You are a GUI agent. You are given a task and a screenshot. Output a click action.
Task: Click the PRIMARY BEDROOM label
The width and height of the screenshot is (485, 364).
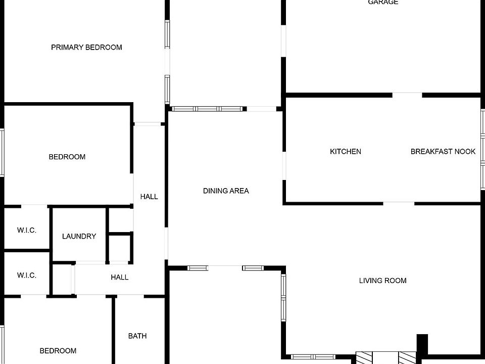point(86,48)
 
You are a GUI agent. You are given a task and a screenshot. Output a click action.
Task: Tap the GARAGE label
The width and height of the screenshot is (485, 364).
point(383,3)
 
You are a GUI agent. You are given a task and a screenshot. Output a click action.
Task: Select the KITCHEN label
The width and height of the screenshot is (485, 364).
point(346,152)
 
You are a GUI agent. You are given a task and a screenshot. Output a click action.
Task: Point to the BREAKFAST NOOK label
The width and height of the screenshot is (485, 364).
point(443,152)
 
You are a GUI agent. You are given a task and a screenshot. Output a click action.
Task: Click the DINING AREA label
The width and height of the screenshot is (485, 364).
point(226,191)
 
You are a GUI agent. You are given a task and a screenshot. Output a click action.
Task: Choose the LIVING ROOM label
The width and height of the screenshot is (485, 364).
point(382,281)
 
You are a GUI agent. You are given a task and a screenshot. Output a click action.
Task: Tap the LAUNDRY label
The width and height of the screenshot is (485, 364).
point(79,236)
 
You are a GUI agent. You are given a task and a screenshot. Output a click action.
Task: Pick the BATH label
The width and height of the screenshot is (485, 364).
point(137,336)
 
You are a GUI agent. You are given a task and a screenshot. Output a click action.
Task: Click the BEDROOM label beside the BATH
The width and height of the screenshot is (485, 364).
point(58,350)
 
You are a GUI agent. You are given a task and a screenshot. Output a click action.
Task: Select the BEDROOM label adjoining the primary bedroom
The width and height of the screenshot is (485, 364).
point(67,157)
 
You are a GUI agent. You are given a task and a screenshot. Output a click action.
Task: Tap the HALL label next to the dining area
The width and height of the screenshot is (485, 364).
point(149,196)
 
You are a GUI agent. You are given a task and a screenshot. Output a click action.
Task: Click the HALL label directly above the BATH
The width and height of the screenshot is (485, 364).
point(119,277)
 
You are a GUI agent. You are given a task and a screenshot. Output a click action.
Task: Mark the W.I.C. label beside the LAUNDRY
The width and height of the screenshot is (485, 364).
point(27,230)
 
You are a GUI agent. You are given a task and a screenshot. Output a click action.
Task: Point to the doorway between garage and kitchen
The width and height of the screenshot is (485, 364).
point(407,94)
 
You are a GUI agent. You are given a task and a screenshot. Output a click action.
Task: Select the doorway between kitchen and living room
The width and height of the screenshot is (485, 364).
point(399,203)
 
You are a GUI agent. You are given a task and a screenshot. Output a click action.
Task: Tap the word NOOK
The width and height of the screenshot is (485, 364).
point(465,152)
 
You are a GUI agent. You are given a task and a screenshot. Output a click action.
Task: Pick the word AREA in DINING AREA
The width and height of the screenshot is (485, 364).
point(239,191)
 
